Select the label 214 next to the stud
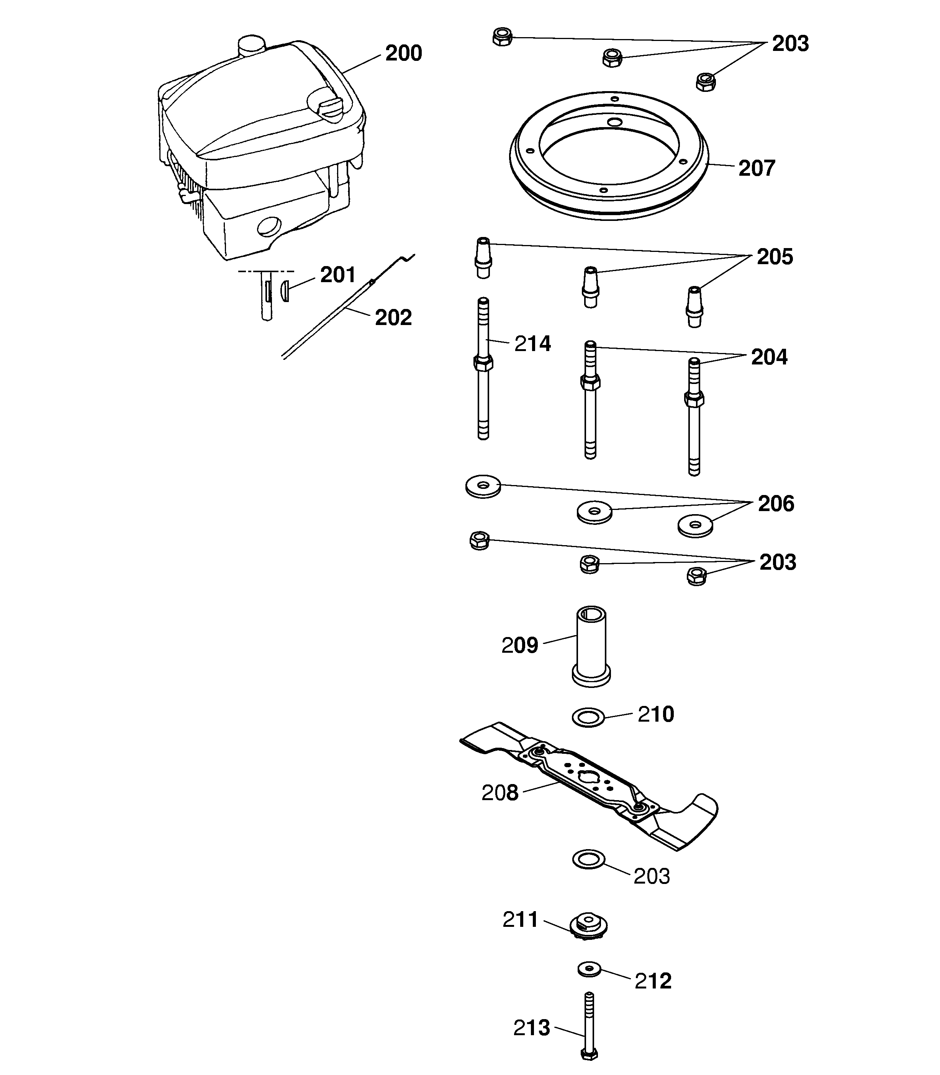(532, 344)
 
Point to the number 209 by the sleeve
(519, 645)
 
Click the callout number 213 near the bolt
(531, 1028)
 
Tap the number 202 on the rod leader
(393, 318)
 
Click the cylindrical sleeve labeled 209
(591, 646)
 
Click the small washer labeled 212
(590, 969)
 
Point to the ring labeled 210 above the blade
(588, 717)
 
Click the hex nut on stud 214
(483, 363)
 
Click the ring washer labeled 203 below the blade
(588, 859)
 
